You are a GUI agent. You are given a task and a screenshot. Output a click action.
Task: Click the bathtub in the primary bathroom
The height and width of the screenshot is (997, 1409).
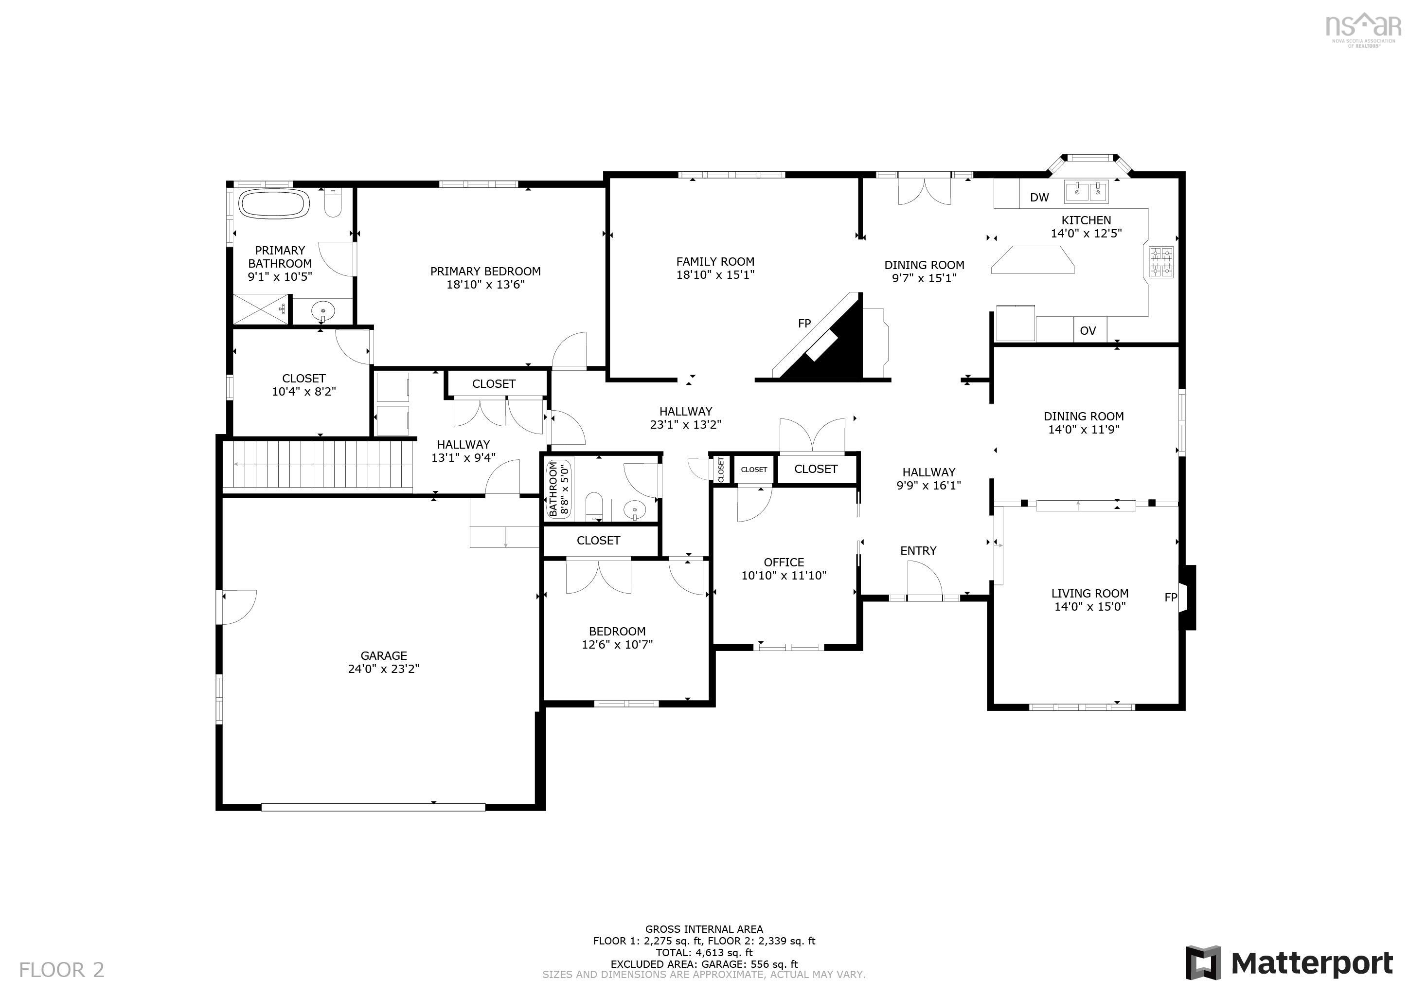coord(274,204)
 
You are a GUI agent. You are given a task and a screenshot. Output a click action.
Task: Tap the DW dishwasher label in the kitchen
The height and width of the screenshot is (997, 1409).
coord(1039,198)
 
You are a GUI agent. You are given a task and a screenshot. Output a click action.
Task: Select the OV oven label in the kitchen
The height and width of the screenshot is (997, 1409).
coord(1088,331)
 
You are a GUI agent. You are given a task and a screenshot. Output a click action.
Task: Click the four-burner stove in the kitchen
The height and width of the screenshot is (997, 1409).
coord(1160,262)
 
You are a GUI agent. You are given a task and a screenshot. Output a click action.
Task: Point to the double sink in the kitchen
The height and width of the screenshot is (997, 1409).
coord(1087,192)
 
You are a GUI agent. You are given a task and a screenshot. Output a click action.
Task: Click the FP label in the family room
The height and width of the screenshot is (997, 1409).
coord(804,324)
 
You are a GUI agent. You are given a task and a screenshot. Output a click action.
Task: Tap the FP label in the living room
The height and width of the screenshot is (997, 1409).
coord(1170,598)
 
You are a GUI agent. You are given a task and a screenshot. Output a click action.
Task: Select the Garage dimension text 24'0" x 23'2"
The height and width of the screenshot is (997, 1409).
coord(384,669)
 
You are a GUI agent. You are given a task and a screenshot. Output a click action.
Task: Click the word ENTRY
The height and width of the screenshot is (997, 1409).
coord(918,551)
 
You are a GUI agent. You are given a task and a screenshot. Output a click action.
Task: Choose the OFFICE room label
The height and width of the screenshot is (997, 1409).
coord(784,562)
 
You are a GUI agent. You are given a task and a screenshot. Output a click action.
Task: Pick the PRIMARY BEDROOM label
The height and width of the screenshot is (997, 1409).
coord(485,272)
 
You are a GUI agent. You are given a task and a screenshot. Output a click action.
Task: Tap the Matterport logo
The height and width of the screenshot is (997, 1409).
coord(1289,963)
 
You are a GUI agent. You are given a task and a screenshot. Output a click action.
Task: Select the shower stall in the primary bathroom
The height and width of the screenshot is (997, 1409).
coord(260,309)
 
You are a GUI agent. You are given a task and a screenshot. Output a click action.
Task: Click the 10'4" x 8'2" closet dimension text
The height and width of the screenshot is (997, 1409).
coord(304,392)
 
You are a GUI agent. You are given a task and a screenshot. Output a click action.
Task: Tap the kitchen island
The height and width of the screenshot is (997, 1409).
coord(1033,260)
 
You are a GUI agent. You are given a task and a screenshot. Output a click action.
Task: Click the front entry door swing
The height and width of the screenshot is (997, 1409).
coord(925,581)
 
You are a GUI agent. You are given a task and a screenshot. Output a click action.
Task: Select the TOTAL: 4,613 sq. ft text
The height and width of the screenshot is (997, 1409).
coord(704,953)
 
